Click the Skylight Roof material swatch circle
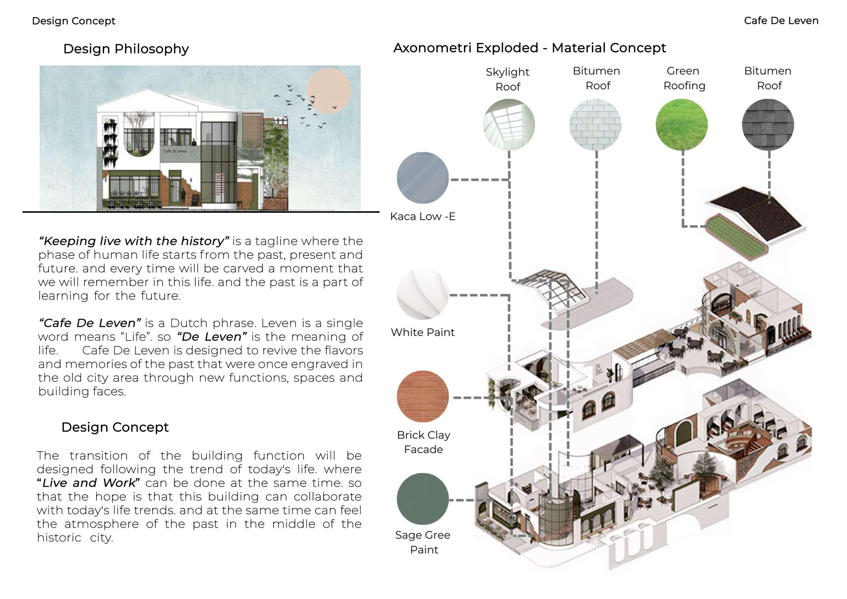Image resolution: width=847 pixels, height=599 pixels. click(509, 124)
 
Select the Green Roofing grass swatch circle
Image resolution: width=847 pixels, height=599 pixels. click(681, 124)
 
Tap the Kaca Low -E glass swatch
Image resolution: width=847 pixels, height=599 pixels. click(423, 178)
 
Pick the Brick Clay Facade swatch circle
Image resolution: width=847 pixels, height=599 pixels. click(423, 396)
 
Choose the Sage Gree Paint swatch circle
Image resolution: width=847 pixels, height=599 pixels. click(423, 499)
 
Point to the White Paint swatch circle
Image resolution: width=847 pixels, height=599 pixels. click(423, 294)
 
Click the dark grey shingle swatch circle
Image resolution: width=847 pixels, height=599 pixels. click(768, 124)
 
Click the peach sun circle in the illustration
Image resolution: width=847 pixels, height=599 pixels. click(329, 91)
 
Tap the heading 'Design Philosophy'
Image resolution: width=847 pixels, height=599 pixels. click(126, 49)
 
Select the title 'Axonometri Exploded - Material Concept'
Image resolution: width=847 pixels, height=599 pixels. click(530, 48)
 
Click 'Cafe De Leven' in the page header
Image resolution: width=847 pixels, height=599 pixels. click(781, 21)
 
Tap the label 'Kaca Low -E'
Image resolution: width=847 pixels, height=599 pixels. click(423, 216)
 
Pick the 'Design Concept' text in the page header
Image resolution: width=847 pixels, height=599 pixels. click(74, 21)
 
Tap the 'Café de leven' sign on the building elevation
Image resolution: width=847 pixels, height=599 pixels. click(175, 151)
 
